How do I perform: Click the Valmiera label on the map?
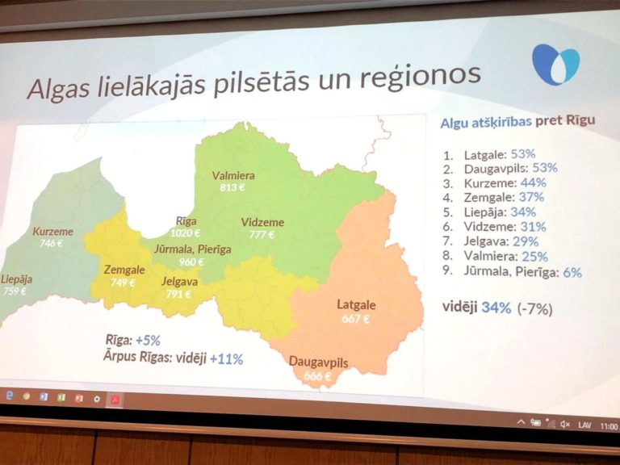(233, 175)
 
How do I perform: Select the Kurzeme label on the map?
(52, 232)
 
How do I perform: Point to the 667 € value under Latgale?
(355, 318)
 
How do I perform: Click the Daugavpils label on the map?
(319, 362)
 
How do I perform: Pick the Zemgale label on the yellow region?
(124, 270)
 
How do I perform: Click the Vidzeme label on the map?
(263, 222)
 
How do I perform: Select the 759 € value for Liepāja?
(14, 291)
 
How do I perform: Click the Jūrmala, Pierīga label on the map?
(192, 249)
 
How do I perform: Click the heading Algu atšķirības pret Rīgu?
(517, 122)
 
